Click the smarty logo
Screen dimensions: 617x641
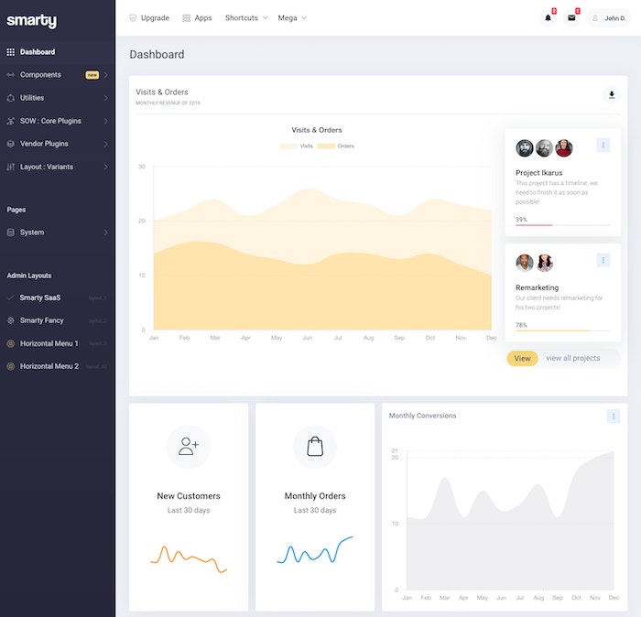click(31, 20)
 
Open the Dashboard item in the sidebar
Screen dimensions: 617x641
click(38, 52)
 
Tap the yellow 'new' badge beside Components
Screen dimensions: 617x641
click(92, 75)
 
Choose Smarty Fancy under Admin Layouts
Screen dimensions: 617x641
click(42, 320)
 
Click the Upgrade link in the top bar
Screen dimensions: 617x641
click(149, 17)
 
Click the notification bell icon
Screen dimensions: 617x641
click(548, 17)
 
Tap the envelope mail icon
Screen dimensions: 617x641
click(571, 17)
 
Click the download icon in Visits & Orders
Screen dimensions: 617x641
click(612, 94)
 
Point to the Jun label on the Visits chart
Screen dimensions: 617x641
click(307, 338)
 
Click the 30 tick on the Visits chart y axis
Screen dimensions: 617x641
click(142, 167)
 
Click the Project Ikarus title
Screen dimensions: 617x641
click(538, 172)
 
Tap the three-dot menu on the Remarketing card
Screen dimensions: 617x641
click(603, 261)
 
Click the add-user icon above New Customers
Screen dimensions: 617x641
click(189, 446)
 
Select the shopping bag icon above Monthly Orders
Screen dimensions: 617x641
click(315, 446)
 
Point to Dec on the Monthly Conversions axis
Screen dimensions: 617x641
click(614, 598)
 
